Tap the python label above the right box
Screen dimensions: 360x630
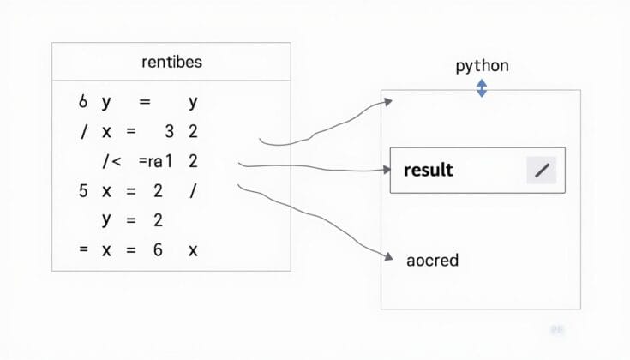(482, 65)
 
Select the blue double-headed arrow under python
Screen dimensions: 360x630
(482, 88)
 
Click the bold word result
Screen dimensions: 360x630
(428, 170)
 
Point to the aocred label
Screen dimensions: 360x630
(432, 260)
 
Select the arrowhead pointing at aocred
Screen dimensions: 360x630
(387, 254)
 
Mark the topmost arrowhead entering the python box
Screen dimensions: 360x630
(388, 102)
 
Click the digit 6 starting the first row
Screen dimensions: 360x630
(83, 102)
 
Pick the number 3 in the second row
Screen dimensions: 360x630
(169, 132)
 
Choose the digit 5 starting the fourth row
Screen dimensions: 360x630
(83, 191)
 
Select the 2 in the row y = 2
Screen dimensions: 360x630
(158, 221)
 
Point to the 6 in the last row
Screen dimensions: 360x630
(158, 250)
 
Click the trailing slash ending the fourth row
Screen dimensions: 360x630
(193, 191)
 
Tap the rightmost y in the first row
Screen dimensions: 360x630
(193, 103)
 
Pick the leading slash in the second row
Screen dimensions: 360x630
(83, 132)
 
